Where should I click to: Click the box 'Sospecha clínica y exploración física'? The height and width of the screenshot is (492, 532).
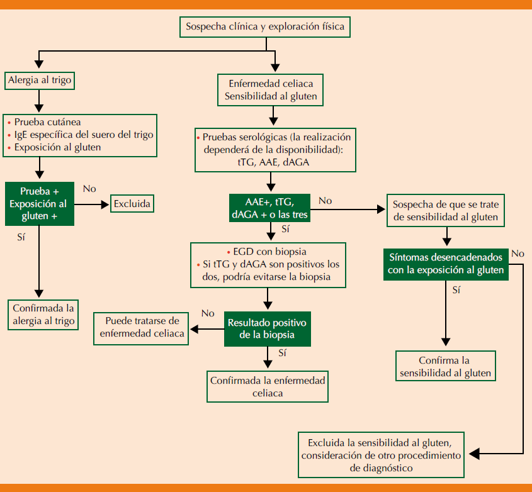click(x=264, y=27)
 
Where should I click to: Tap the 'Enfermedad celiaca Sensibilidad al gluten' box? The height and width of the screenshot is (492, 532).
click(x=271, y=91)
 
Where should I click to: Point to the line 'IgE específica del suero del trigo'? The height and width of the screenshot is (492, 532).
click(x=84, y=135)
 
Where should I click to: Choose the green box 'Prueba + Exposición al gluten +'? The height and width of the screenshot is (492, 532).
click(x=39, y=204)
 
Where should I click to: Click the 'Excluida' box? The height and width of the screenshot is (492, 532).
click(x=133, y=204)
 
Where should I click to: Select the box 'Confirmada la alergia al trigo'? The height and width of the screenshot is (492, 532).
click(x=43, y=315)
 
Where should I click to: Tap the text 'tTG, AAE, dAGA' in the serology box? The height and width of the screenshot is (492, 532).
click(x=271, y=162)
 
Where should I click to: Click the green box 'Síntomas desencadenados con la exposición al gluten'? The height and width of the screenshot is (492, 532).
click(x=445, y=264)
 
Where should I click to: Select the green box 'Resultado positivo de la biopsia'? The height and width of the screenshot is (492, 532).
click(x=268, y=328)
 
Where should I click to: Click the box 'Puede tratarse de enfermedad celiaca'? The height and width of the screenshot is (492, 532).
click(x=143, y=327)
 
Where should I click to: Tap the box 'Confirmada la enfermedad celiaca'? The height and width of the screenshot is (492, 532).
click(x=268, y=387)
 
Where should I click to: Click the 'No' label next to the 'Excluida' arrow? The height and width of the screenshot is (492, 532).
click(x=89, y=188)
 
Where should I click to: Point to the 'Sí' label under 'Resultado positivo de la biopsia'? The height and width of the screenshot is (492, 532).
click(x=283, y=354)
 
